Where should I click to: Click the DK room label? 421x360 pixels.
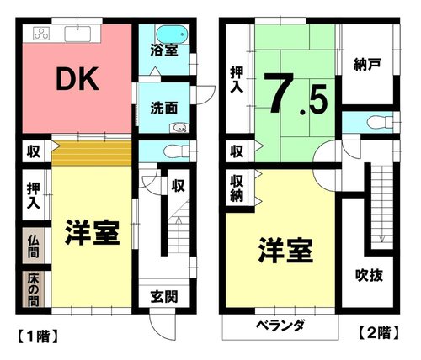(77, 79)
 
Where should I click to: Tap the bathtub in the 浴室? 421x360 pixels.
(172, 34)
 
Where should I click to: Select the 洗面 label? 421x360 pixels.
(164, 108)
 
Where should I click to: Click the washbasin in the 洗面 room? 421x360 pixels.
(179, 129)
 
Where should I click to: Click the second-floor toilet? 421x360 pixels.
(381, 122)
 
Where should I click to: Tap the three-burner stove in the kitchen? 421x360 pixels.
(41, 34)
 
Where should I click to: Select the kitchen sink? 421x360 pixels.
(77, 34)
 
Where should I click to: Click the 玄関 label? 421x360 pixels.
(164, 297)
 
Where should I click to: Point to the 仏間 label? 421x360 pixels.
(34, 246)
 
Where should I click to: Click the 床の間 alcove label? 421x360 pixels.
(33, 289)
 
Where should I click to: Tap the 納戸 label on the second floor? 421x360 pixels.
(367, 65)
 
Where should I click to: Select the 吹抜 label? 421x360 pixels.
(369, 275)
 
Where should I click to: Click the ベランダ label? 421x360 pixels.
(280, 326)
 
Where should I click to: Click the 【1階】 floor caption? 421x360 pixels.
(38, 336)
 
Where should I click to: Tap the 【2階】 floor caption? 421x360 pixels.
(379, 332)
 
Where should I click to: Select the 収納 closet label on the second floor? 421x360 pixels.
(237, 188)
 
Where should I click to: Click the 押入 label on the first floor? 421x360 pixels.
(34, 196)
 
